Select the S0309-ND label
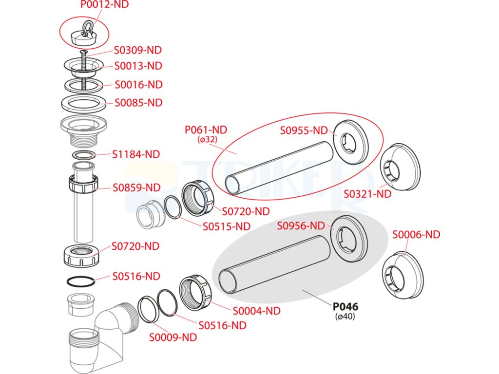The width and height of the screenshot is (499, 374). click(x=138, y=50)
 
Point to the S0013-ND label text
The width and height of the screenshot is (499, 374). click(x=138, y=66)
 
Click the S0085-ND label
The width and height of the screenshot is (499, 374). click(x=138, y=103)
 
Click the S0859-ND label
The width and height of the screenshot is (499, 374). click(x=136, y=187)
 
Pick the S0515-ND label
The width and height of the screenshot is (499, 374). click(x=227, y=226)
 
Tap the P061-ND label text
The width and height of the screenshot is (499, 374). click(x=206, y=130)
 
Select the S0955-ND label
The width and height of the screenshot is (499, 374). click(x=304, y=131)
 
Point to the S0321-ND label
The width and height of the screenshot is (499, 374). click(x=367, y=194)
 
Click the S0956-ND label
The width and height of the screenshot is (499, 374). click(x=301, y=225)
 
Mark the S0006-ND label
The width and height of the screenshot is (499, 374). click(x=416, y=235)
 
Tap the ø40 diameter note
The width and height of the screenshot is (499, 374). click(x=345, y=317)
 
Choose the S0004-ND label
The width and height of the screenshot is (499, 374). click(x=256, y=310)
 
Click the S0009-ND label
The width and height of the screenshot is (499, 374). click(x=173, y=337)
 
